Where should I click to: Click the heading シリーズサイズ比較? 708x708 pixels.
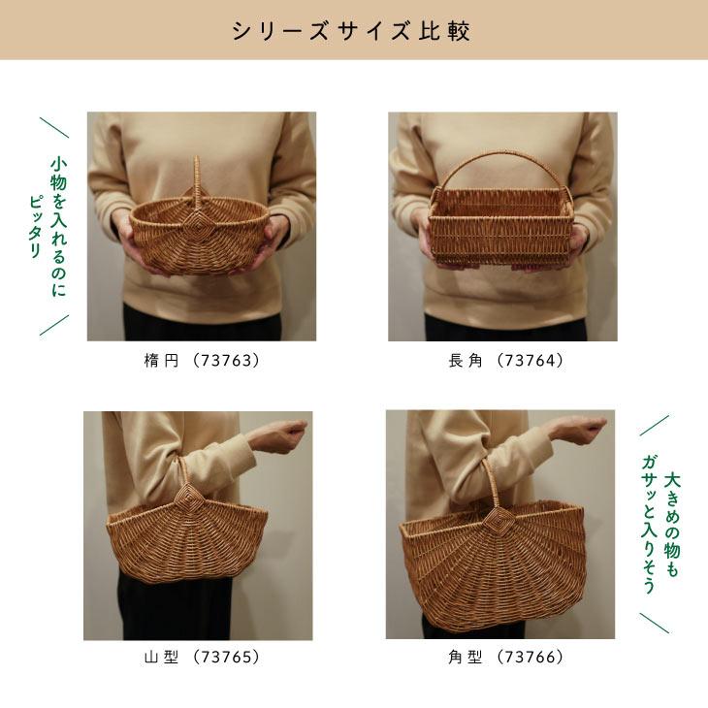(351, 32)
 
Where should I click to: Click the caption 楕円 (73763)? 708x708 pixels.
(202, 361)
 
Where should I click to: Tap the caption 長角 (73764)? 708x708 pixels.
(505, 361)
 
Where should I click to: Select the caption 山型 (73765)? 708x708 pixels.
(202, 657)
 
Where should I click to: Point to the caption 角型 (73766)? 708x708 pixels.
(505, 657)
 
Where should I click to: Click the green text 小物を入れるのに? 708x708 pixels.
(59, 227)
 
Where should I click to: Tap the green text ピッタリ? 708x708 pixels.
(35, 227)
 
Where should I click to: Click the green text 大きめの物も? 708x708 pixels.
(672, 525)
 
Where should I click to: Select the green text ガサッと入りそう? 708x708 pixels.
(649, 525)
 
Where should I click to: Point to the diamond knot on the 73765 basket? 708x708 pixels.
(185, 499)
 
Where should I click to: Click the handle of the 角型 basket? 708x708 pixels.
(491, 483)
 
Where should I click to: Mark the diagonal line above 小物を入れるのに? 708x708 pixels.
(54, 127)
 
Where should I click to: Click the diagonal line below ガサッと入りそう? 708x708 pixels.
(655, 623)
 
